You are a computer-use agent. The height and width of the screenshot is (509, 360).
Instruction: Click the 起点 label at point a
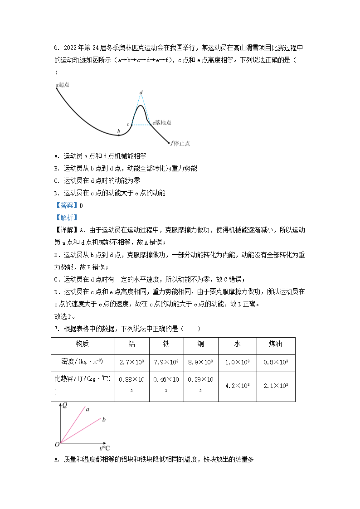[64, 85]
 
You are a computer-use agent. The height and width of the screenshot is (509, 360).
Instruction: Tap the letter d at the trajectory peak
[141, 92]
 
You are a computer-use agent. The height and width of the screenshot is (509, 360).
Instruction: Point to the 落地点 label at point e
[163, 123]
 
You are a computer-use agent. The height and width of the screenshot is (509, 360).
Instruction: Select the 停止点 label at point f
[182, 144]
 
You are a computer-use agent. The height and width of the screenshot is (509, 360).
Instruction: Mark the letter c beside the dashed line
[128, 124]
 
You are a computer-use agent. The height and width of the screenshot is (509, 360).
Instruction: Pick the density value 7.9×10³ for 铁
[166, 362]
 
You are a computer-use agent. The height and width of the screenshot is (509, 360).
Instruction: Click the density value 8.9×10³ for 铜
[201, 362]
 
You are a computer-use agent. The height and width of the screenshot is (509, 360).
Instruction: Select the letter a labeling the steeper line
[88, 409]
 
